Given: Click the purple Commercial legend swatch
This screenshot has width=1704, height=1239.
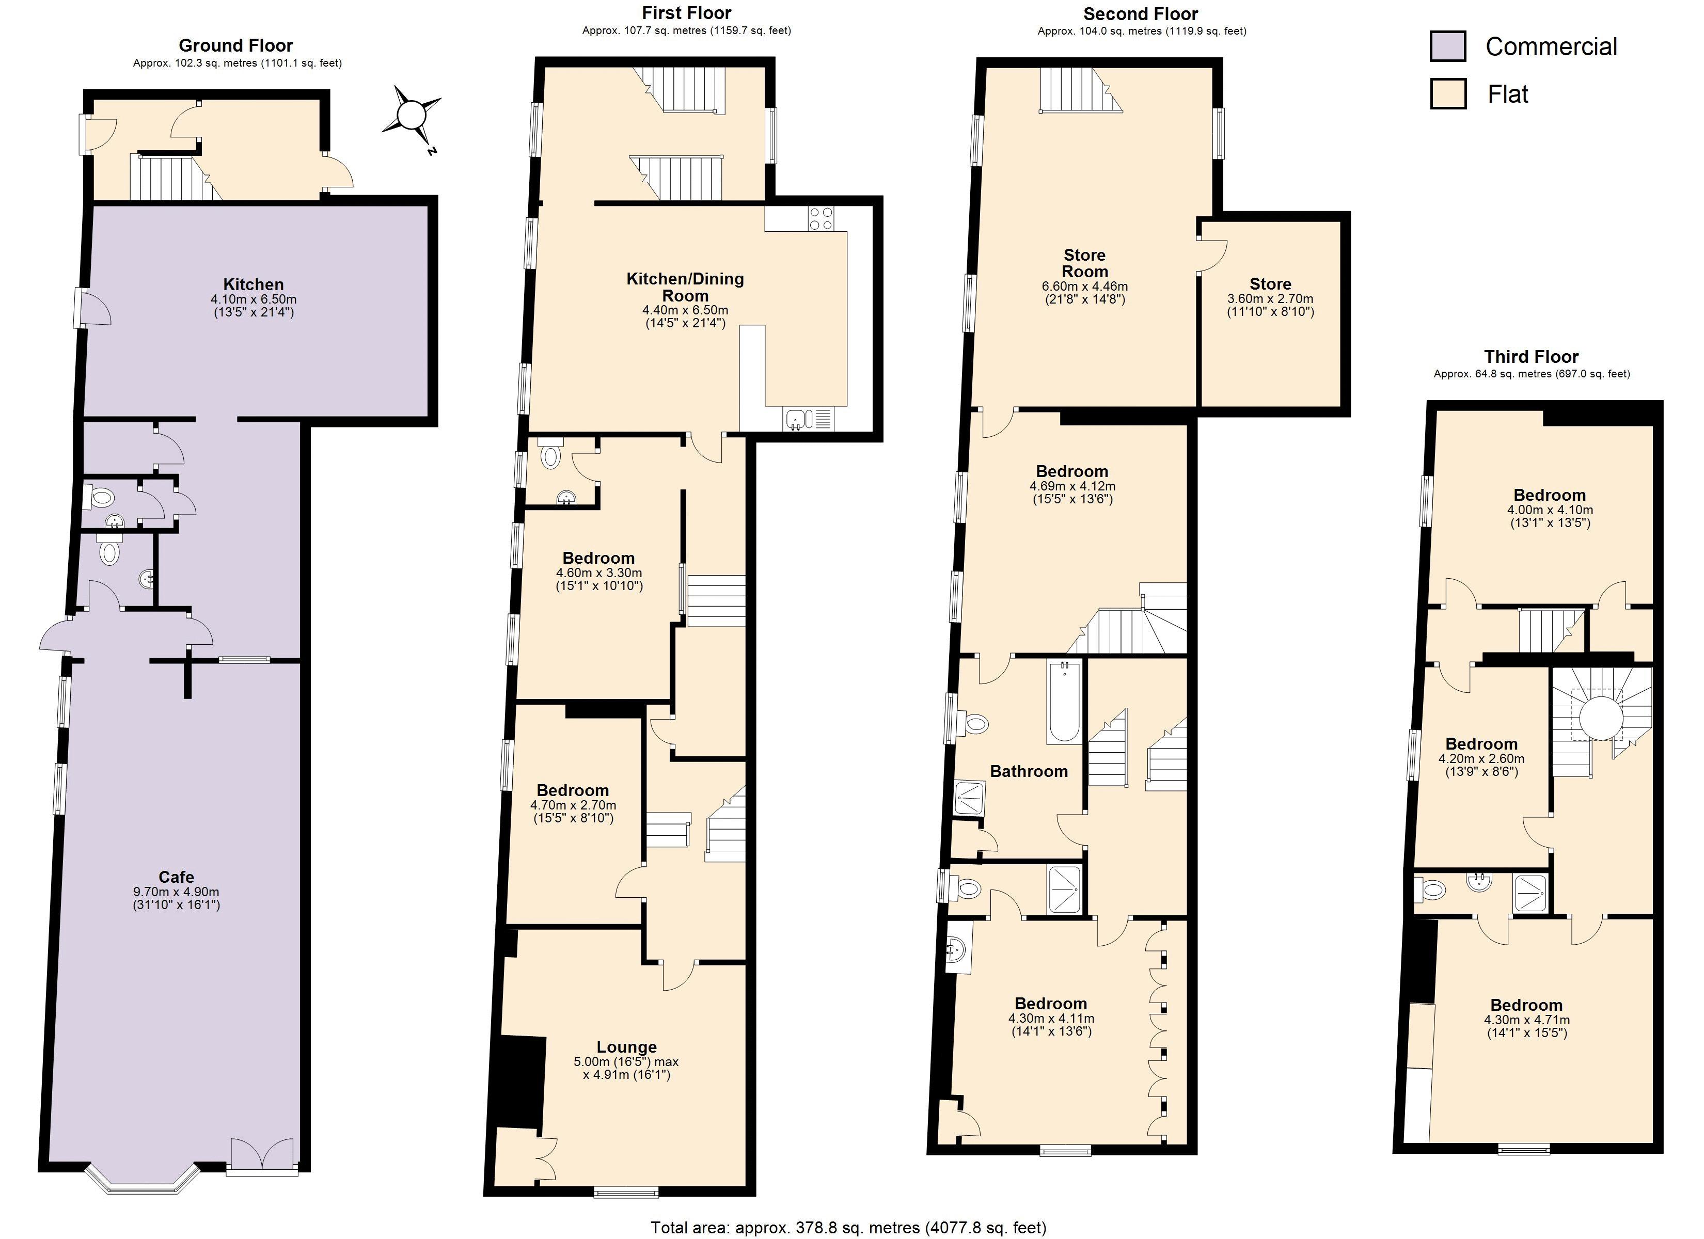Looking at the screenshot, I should (1447, 46).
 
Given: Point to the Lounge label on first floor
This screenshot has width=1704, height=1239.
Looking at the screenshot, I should (626, 1046).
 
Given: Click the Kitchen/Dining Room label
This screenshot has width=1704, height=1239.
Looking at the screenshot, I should (685, 287).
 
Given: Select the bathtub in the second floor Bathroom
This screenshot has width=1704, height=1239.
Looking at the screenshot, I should (1063, 702).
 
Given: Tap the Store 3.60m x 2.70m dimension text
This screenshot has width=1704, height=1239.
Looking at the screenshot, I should (1270, 298).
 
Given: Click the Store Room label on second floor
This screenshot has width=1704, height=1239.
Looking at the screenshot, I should (1084, 263).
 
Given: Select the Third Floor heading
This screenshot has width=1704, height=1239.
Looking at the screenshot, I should (1531, 357).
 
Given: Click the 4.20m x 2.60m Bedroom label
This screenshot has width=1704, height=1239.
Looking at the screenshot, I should (1481, 744).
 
